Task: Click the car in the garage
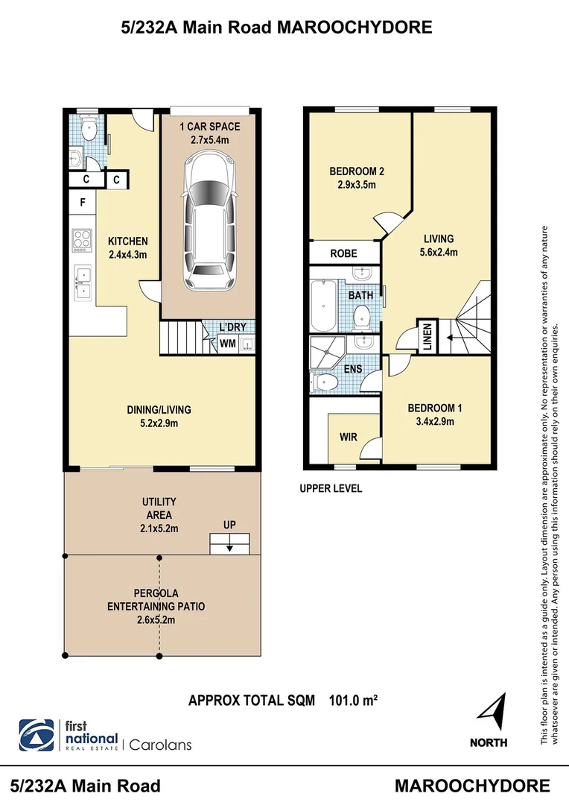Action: coord(209,221)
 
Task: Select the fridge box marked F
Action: coord(82,201)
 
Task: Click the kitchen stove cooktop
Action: coord(81,240)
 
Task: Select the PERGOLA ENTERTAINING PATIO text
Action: coord(156,606)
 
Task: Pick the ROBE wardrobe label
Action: coord(343,253)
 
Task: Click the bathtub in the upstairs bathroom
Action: coord(325,305)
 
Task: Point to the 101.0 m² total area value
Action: coord(353,701)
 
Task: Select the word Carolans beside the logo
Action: coord(161,744)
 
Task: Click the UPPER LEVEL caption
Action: coord(331,489)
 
